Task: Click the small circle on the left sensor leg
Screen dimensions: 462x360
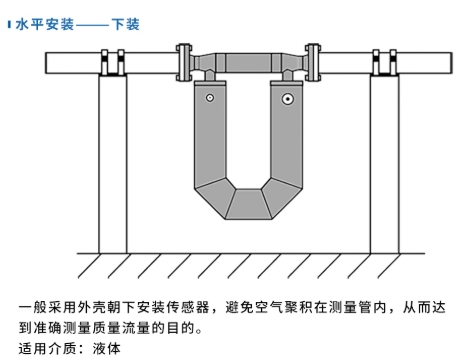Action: click(210, 98)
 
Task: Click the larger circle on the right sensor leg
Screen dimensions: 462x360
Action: click(287, 99)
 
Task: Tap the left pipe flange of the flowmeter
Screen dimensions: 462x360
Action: click(184, 62)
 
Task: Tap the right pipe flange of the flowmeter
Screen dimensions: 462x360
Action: click(313, 62)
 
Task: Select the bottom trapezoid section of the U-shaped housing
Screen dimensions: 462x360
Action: click(248, 204)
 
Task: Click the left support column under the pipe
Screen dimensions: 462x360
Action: click(113, 164)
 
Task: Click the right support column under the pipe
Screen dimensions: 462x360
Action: click(384, 164)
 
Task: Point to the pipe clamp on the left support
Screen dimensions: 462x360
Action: click(113, 63)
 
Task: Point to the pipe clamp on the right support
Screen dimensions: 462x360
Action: click(384, 63)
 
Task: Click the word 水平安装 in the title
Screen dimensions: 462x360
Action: click(45, 25)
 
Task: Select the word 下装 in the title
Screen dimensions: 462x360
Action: click(125, 25)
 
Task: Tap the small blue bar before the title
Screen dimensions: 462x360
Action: click(9, 25)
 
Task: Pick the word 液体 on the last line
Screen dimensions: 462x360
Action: click(107, 349)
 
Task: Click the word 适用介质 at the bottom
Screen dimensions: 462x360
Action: click(47, 349)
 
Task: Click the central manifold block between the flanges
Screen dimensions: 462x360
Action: click(248, 63)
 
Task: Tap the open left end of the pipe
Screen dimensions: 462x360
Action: click(46, 63)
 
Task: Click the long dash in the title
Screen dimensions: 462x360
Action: click(92, 25)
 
